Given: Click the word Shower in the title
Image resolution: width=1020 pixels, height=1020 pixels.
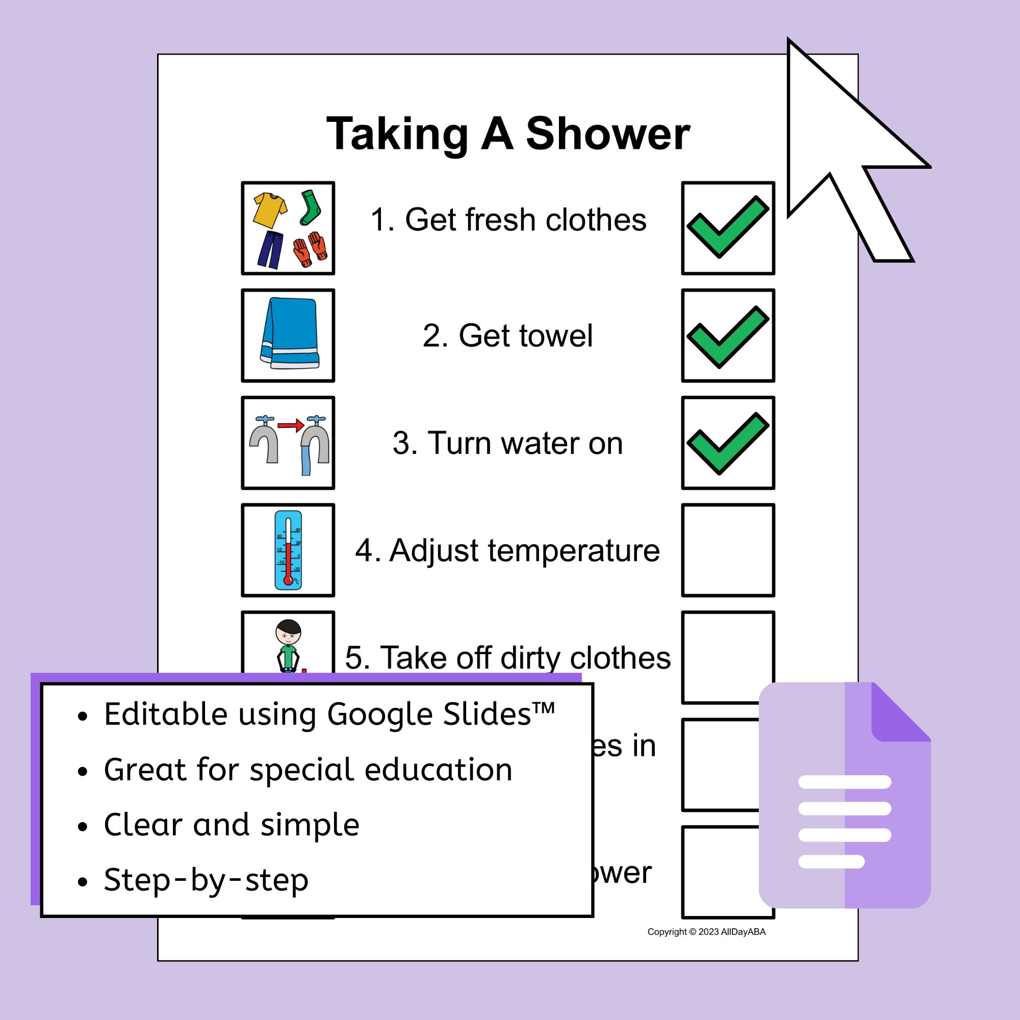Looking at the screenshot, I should tap(608, 134).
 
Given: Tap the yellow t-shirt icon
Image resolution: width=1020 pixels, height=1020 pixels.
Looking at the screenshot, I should tap(269, 210).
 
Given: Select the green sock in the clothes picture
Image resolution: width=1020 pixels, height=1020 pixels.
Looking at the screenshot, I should tap(311, 207).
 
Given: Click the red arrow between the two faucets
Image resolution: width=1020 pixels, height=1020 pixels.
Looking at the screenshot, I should tap(290, 424).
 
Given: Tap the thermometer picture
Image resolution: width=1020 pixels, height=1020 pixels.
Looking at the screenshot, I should tap(288, 550).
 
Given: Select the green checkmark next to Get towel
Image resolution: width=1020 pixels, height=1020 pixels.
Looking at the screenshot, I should tap(728, 336).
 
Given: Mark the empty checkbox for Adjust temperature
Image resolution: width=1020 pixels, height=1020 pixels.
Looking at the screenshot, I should tap(728, 550).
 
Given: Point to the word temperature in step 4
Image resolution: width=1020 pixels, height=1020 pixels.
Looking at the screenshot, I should tap(573, 551).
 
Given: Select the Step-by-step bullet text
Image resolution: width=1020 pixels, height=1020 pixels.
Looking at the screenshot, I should tap(206, 880).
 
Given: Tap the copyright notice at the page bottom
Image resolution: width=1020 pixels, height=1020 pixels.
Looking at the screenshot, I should tap(706, 932).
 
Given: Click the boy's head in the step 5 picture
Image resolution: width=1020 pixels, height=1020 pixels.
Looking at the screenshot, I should tap(288, 630).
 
